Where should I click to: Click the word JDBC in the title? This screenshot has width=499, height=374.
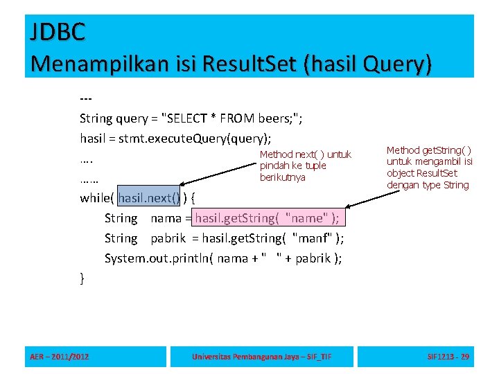pos(58,31)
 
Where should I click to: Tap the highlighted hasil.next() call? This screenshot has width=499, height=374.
pos(149,198)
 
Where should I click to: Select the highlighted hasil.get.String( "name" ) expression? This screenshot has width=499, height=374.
pos(268,218)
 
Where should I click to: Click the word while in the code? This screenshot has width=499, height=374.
pos(95,198)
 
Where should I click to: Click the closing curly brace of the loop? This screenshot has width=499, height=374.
pos(82,278)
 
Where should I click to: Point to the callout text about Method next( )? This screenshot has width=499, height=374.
pos(305,166)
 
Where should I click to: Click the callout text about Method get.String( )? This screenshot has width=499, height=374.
pos(429,167)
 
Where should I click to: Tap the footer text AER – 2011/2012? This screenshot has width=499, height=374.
pos(60,357)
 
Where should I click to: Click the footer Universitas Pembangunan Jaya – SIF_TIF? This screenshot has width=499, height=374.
pos(262,357)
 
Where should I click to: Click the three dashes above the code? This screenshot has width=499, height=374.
pos(87,98)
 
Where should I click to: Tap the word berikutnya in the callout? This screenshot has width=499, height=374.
pos(283,177)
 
